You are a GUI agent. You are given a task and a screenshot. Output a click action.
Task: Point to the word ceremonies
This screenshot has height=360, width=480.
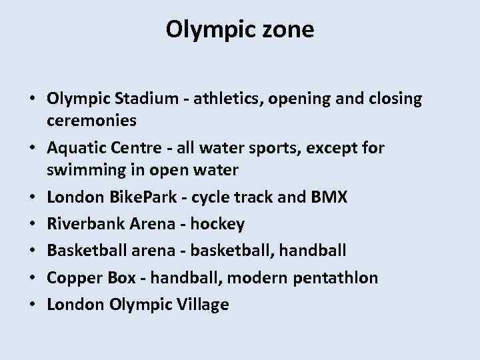[92, 121]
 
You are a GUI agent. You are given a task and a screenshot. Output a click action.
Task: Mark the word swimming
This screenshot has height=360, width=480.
[83, 169]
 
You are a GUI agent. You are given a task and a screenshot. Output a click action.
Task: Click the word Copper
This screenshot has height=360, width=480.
[72, 278]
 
